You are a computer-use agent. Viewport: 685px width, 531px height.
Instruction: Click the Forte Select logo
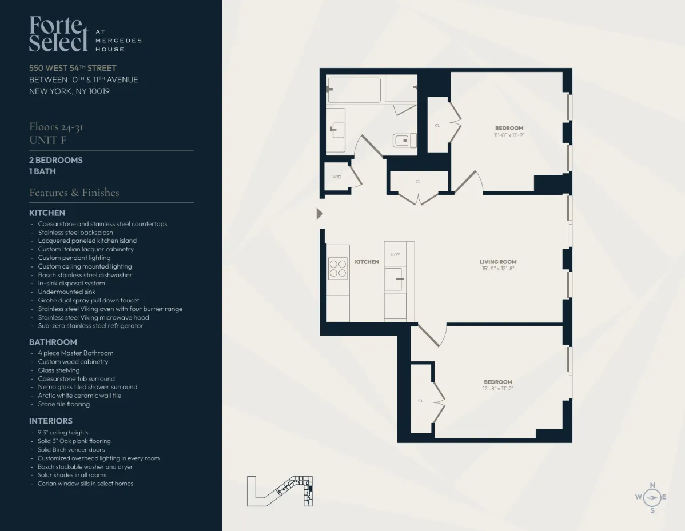[59, 34]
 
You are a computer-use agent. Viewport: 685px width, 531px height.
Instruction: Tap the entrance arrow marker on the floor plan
[320, 214]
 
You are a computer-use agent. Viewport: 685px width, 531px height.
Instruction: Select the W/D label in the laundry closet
[336, 177]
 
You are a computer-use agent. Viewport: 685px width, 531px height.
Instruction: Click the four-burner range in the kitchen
[337, 269]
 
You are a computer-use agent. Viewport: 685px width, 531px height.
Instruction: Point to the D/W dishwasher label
[395, 254]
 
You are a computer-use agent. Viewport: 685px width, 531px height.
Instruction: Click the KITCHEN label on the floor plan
[367, 262]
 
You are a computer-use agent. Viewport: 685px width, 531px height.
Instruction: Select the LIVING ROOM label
[497, 262]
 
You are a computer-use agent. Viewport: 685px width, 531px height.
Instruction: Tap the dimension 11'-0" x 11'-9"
[509, 135]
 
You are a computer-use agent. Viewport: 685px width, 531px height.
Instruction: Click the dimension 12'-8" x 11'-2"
[497, 389]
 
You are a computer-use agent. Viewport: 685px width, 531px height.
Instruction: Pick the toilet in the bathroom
[404, 140]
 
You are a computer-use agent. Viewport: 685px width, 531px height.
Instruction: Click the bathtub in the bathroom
[355, 90]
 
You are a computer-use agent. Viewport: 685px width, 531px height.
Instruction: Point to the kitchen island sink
[394, 279]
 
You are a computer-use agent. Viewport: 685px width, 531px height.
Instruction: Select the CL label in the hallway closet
[418, 182]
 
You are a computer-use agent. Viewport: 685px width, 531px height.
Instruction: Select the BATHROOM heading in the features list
[53, 342]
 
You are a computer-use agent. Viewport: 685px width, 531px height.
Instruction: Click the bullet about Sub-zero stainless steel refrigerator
[90, 326]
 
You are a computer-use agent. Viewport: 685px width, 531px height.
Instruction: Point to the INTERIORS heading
[51, 421]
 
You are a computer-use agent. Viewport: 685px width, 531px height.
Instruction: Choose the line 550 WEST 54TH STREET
[73, 68]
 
